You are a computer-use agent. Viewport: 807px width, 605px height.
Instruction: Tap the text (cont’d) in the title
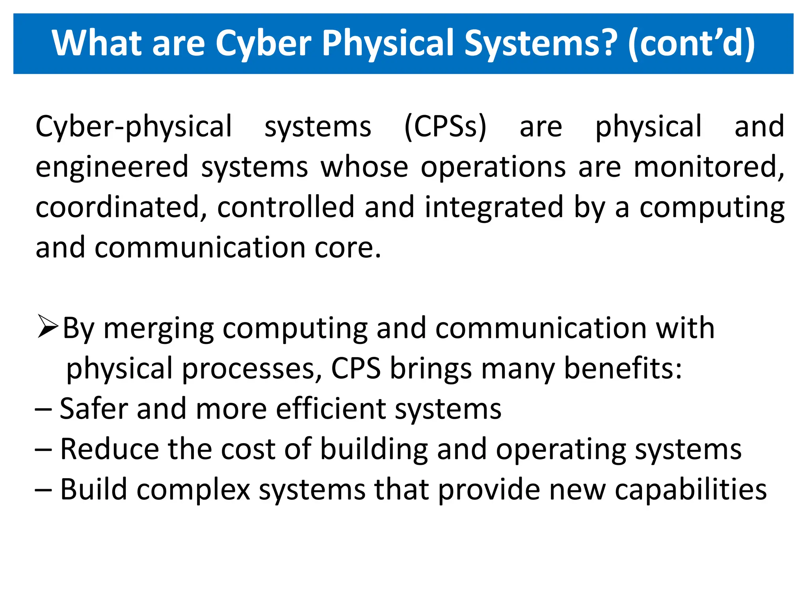pyautogui.click(x=692, y=43)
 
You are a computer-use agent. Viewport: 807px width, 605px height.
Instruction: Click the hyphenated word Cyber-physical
pyautogui.click(x=134, y=127)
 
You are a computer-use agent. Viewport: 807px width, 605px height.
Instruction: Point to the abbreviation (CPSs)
pyautogui.click(x=446, y=127)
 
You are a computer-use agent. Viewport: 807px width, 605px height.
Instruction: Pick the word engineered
pyautogui.click(x=112, y=167)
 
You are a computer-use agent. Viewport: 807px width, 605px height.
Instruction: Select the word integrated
pyautogui.click(x=494, y=207)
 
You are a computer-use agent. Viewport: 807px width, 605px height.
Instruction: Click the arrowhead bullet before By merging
pyautogui.click(x=48, y=327)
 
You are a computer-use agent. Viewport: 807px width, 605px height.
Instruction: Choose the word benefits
pyautogui.click(x=623, y=369)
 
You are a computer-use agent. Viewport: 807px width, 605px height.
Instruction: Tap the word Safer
pyautogui.click(x=94, y=408)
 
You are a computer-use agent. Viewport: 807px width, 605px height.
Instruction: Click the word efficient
pyautogui.click(x=331, y=408)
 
